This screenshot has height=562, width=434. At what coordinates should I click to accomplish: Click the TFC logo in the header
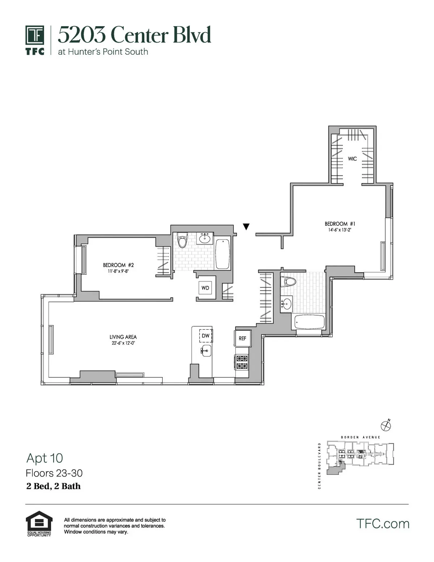(35, 40)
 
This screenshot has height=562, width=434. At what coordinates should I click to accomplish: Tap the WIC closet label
(352, 159)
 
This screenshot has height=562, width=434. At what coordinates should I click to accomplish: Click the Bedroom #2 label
(118, 265)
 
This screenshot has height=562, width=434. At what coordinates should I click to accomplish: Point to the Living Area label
(123, 337)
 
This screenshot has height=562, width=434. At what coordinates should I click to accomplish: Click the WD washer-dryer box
(205, 288)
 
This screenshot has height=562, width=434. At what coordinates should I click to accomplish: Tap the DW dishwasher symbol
(205, 336)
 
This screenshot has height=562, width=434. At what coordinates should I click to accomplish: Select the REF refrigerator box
(242, 338)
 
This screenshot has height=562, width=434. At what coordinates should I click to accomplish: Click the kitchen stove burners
(242, 362)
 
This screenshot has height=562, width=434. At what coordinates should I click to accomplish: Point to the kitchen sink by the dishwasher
(206, 350)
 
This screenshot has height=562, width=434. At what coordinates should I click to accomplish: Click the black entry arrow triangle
(246, 227)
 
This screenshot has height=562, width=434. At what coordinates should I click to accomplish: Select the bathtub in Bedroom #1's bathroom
(310, 322)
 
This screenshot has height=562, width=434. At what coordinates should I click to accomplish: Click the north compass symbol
(386, 425)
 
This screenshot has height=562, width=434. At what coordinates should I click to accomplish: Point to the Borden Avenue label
(361, 437)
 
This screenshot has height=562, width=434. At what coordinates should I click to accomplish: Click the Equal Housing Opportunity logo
(39, 524)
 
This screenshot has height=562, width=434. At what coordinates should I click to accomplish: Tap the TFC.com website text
(383, 523)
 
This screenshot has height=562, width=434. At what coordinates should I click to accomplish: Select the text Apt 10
(45, 458)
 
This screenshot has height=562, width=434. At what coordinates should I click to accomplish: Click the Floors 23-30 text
(54, 473)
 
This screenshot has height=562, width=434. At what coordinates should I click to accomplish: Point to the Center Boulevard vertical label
(319, 466)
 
